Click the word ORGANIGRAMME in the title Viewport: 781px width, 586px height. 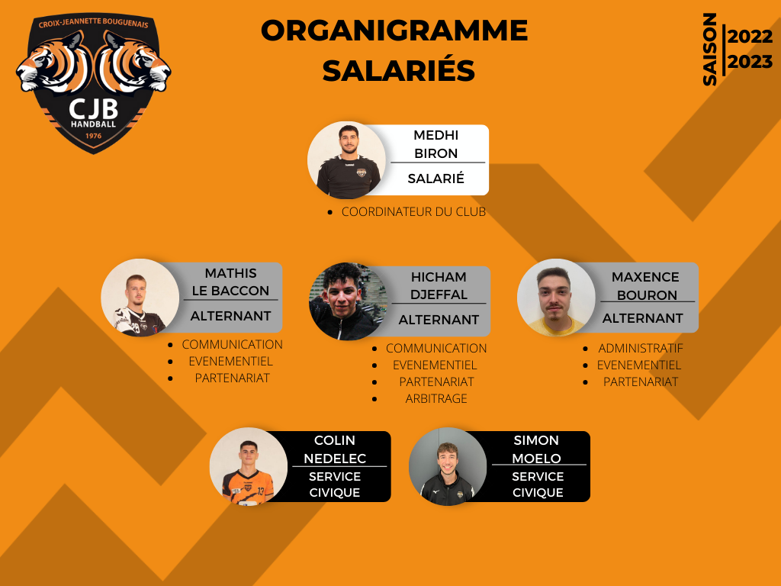394,31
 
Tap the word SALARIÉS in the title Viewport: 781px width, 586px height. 398,70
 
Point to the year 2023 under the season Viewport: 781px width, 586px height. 750,63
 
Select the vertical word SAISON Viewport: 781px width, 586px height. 709,50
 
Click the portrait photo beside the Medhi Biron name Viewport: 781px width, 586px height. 347,160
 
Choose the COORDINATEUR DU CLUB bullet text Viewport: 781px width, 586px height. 413,212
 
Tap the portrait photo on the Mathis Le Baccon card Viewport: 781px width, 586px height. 140,298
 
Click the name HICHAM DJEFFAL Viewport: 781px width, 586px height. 439,285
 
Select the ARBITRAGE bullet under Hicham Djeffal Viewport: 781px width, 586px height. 436,398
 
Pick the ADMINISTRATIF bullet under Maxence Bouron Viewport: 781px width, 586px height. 641,348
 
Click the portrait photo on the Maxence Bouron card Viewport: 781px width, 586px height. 556,298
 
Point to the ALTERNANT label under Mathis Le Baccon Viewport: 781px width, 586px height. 230,316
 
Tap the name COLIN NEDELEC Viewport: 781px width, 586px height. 335,449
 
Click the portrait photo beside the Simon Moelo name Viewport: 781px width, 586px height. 448,466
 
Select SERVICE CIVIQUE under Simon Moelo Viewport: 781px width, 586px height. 538,485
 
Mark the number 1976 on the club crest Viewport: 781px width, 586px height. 93,136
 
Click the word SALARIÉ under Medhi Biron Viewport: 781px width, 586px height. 435,179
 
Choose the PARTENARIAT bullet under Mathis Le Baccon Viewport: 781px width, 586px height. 232,378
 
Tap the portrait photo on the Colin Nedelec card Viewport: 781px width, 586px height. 249,466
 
